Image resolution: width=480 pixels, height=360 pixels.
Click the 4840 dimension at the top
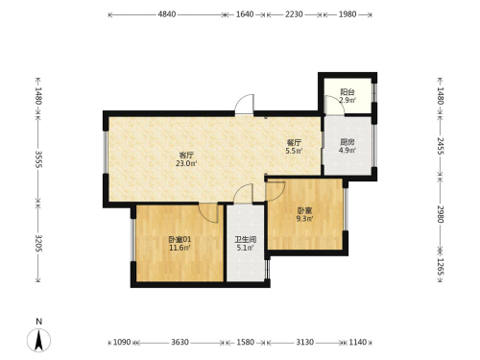(167, 14)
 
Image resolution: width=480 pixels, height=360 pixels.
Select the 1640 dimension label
(245, 14)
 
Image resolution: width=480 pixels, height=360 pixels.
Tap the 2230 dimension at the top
(294, 14)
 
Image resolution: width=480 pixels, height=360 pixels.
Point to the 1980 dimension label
(348, 14)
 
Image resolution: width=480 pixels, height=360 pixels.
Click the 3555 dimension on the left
(38, 159)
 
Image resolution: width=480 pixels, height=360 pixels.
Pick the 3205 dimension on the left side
(38, 243)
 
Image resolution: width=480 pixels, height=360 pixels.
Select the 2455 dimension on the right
(441, 146)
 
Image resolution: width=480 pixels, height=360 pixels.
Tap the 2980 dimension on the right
(441, 214)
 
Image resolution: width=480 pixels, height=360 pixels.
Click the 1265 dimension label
(441, 266)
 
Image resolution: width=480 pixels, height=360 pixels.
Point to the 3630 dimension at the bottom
(180, 343)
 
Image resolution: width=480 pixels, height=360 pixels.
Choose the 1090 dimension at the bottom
(122, 343)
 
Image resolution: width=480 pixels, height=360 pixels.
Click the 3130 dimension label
(304, 343)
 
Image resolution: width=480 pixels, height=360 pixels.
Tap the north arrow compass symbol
(38, 340)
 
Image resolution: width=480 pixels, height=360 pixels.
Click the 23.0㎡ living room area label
(186, 163)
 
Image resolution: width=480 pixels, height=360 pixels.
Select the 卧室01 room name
(180, 239)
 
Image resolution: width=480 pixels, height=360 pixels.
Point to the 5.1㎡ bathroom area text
(245, 248)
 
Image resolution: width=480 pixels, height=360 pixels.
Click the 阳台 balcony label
(348, 92)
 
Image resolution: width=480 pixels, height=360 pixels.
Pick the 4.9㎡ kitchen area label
(348, 150)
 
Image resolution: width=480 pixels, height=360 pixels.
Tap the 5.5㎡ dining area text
(294, 151)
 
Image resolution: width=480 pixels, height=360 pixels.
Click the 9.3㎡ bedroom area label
(304, 219)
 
